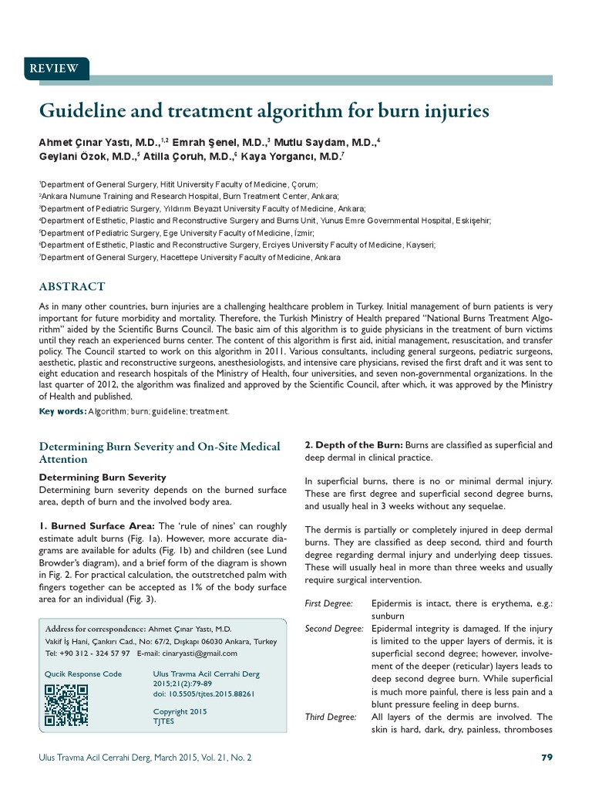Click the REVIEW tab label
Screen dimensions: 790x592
(53, 69)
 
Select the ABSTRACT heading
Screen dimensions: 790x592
(72, 286)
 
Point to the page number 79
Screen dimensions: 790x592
(547, 758)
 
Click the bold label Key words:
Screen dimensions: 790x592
(62, 411)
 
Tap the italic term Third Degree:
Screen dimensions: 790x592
(331, 717)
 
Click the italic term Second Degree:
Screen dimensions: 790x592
(334, 629)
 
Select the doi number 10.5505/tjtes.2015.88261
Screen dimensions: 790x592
(203, 694)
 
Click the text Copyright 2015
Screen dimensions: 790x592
(180, 711)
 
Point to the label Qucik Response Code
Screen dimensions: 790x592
(83, 674)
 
